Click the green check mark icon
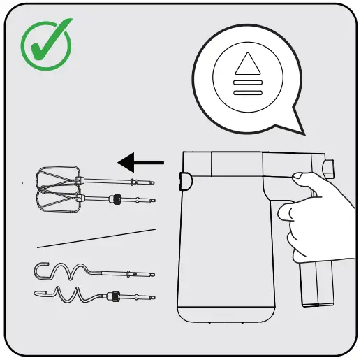45,43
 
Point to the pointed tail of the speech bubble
293,126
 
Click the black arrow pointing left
140,163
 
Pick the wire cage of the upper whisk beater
56,178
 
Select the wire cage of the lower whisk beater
56,199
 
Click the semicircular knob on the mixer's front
186,182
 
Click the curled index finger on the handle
286,210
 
